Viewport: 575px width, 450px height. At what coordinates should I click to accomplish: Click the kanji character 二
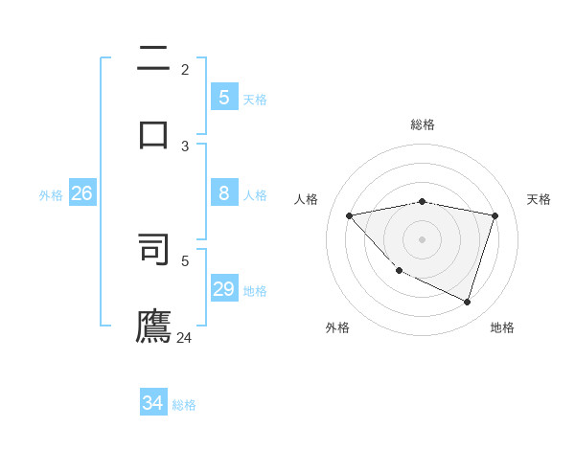(153, 59)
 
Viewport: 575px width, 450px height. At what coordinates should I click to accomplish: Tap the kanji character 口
(153, 133)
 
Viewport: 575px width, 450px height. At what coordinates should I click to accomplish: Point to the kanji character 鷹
(153, 325)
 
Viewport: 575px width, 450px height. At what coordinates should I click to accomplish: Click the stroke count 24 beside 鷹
(184, 337)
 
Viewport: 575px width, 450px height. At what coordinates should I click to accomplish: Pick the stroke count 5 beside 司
(185, 259)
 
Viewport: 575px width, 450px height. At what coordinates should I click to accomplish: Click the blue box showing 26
(81, 193)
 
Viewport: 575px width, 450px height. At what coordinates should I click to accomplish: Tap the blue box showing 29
(223, 289)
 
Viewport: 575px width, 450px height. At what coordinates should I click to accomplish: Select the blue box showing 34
(153, 403)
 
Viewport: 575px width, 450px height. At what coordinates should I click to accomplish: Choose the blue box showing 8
(223, 193)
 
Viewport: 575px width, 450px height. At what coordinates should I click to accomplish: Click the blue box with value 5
(223, 97)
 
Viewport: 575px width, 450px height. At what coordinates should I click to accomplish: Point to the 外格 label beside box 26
(51, 195)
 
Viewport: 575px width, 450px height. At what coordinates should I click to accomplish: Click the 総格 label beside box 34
(184, 405)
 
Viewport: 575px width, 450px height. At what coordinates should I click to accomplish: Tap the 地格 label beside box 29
(255, 291)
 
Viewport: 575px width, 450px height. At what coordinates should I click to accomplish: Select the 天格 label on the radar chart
(539, 199)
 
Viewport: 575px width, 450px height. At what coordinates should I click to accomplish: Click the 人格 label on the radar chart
(306, 199)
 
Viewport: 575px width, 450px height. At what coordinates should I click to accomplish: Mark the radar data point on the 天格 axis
(494, 215)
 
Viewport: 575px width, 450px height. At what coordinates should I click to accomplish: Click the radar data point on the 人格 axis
(349, 215)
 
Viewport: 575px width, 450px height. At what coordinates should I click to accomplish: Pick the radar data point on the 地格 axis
(467, 302)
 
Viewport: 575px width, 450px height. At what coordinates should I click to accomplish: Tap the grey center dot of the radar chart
(422, 239)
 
